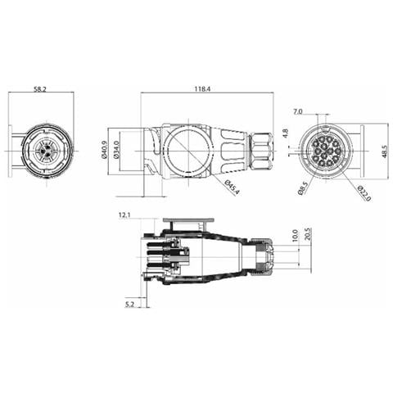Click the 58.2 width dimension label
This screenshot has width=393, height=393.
click(x=40, y=89)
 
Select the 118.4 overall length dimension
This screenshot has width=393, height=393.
click(x=202, y=89)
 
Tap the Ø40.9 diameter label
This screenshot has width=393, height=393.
click(x=104, y=150)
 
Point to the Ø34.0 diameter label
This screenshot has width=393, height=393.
click(x=116, y=150)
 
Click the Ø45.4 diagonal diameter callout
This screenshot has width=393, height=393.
click(x=232, y=187)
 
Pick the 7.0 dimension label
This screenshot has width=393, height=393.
click(x=298, y=111)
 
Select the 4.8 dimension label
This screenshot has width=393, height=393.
click(x=286, y=133)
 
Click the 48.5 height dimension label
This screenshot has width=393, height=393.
click(x=385, y=151)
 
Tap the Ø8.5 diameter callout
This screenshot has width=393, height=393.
click(x=303, y=188)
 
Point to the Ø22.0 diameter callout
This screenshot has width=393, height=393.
click(x=364, y=193)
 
